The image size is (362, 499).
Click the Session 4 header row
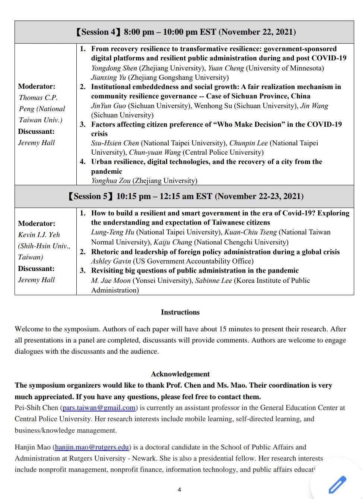tap(184, 32)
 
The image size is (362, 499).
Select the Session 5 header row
tap(184, 196)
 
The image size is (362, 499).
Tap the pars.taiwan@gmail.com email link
tap(99, 408)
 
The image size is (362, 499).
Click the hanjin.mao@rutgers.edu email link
tap(92, 447)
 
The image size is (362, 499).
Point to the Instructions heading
tap(180, 312)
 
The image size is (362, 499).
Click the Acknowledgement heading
tap(180, 374)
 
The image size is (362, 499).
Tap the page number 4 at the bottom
tap(180, 490)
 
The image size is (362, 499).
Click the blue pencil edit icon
tap(337, 484)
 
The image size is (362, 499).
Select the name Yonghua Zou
tap(111, 181)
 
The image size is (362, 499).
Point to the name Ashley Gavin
tap(111, 261)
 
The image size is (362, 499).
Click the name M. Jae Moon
tap(111, 281)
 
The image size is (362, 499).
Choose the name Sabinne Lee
tap(213, 281)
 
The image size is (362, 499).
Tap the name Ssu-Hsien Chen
tap(115, 143)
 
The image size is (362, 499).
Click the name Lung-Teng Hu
tap(112, 232)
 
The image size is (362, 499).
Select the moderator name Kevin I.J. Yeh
tap(39, 235)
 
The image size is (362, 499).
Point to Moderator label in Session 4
tap(36, 86)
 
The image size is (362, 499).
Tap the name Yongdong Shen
tap(114, 68)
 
